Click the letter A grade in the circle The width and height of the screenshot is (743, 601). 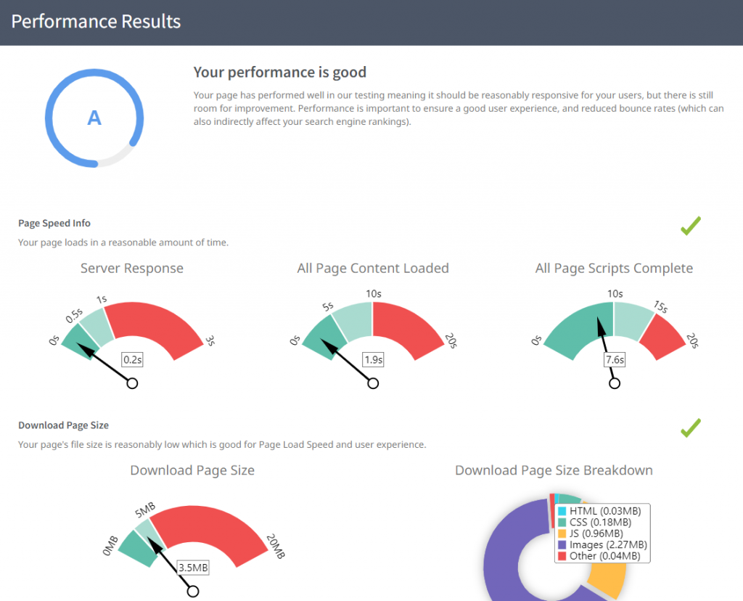94,118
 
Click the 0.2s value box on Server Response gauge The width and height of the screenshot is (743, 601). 131,359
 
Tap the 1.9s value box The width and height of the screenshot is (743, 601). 373,359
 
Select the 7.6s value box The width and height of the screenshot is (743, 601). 615,359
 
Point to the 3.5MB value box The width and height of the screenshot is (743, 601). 193,567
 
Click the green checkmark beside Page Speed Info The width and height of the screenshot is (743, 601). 690,226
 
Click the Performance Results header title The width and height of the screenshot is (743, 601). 96,22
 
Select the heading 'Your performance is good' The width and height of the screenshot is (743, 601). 280,73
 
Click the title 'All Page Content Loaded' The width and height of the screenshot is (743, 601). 373,269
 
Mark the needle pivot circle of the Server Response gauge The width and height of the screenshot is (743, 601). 132,383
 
